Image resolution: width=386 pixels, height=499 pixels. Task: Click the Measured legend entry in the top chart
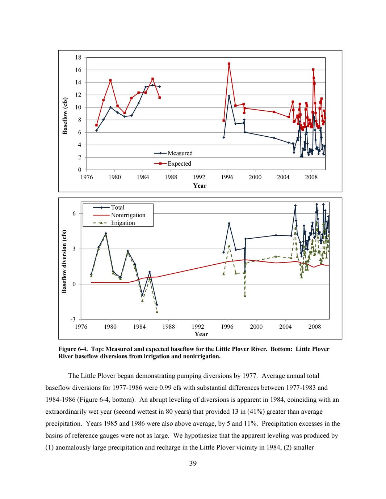click(x=180, y=153)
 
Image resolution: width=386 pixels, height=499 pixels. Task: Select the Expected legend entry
click(x=179, y=164)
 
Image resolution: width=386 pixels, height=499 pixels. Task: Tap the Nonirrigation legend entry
click(x=128, y=215)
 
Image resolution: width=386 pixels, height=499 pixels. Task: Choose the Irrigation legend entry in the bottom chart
click(x=123, y=223)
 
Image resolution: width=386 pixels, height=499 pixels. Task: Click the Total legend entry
click(x=117, y=208)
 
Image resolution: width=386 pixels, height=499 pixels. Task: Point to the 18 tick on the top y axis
click(x=78, y=57)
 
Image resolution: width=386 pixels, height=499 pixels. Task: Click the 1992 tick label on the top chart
click(x=199, y=178)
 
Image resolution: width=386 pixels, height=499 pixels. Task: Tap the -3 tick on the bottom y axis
click(x=73, y=320)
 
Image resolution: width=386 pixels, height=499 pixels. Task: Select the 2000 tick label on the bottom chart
click(x=256, y=327)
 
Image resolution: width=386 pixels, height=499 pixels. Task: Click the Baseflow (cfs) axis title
click(x=65, y=116)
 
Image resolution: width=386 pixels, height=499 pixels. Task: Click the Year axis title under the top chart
click(x=200, y=186)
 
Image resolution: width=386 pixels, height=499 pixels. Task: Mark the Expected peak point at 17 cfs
click(x=229, y=64)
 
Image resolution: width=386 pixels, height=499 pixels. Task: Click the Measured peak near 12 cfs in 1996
click(x=229, y=96)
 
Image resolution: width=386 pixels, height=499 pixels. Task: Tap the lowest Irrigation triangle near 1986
click(x=157, y=312)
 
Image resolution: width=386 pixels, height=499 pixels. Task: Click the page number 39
click(x=193, y=464)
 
